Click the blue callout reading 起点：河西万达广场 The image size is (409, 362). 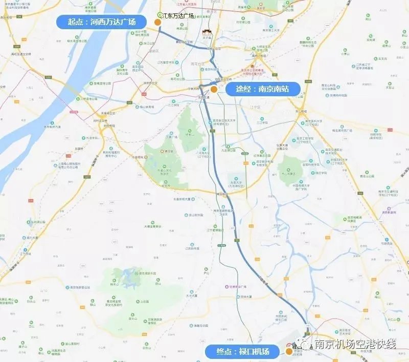(103, 23)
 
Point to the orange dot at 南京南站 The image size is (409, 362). (214, 89)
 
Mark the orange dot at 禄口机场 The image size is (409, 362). (289, 351)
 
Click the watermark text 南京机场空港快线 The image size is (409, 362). (355, 345)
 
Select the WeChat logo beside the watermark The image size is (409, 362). (308, 345)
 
